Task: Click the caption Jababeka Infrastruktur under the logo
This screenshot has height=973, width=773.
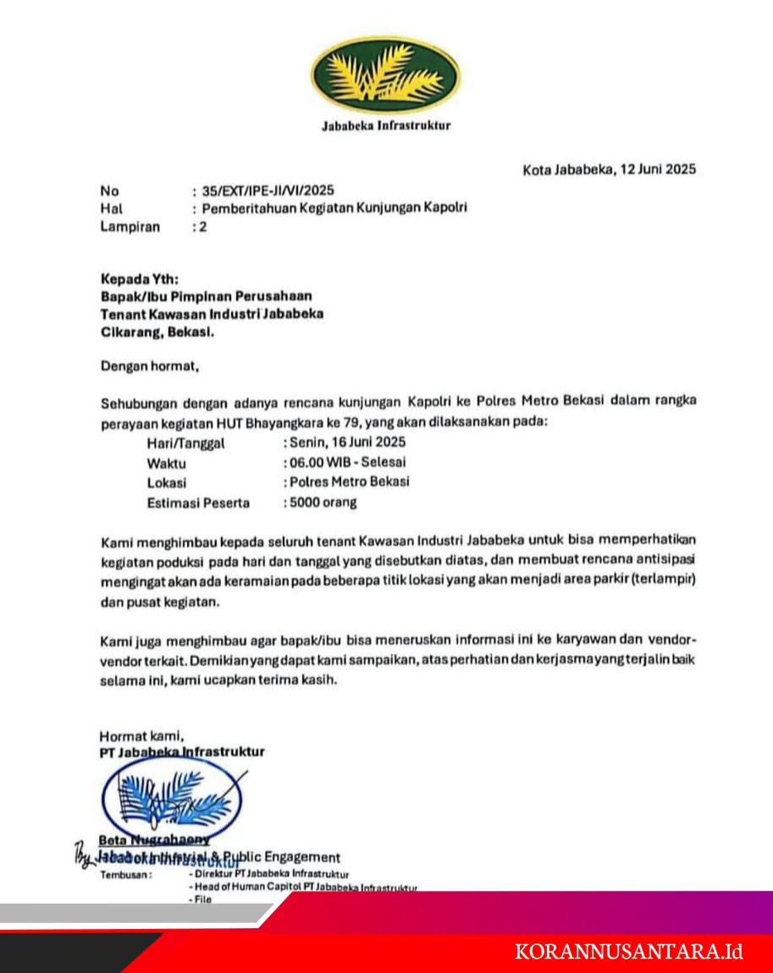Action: (386, 126)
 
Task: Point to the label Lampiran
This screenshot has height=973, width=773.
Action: (130, 226)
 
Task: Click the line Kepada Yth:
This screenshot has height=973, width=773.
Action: (140, 278)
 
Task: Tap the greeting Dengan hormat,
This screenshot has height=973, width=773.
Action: (149, 367)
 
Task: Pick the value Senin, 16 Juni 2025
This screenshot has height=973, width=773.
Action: (345, 442)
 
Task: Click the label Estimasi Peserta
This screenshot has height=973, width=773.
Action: (198, 503)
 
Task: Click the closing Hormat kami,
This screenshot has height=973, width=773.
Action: (141, 735)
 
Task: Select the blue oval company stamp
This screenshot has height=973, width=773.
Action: (169, 796)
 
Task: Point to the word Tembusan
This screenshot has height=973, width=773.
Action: (125, 875)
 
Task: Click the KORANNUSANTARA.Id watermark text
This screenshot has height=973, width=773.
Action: (629, 952)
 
